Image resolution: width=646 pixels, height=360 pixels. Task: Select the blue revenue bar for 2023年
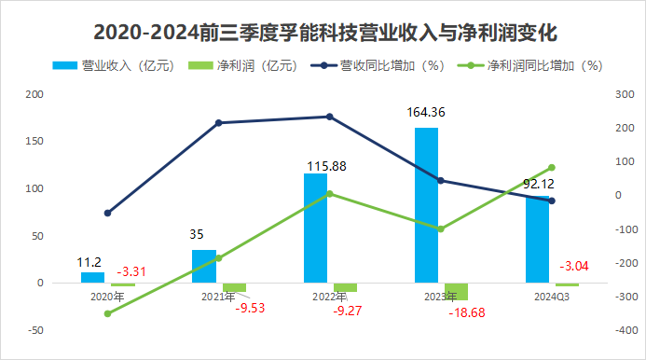(x=426, y=205)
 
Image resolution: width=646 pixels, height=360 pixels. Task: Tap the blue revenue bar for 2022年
(x=315, y=228)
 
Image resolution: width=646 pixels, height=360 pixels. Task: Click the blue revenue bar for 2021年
(x=203, y=266)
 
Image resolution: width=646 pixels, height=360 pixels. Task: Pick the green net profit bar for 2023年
(x=456, y=291)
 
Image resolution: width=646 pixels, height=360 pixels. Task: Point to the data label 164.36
(x=427, y=113)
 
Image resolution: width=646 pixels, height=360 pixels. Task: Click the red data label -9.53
(x=250, y=307)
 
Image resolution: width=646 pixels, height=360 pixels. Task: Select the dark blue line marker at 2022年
(x=328, y=117)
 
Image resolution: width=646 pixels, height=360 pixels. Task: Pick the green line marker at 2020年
(x=107, y=313)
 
